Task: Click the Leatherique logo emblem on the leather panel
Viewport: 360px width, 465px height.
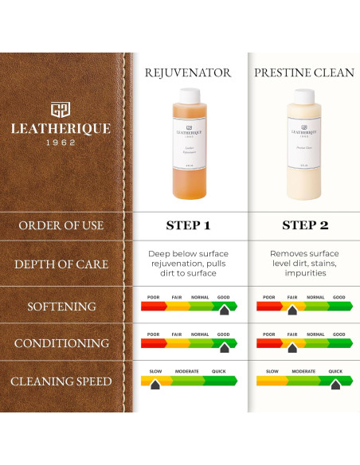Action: coord(61,109)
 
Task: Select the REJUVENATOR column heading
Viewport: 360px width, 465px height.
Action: coord(188,73)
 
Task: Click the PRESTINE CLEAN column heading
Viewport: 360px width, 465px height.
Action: coord(303,73)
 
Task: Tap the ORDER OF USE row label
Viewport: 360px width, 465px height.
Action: coord(61,225)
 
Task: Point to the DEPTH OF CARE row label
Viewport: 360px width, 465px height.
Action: coord(61,264)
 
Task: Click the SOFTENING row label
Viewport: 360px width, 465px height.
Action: coord(61,307)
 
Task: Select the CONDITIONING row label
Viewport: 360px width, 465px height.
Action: coord(61,344)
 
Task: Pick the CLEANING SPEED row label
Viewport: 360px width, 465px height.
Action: coord(61,382)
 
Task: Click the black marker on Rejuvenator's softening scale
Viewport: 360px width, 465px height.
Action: coord(225,309)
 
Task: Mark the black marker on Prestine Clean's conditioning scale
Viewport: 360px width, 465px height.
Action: coord(292,347)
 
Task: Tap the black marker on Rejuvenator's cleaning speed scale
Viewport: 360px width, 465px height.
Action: coord(155,384)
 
